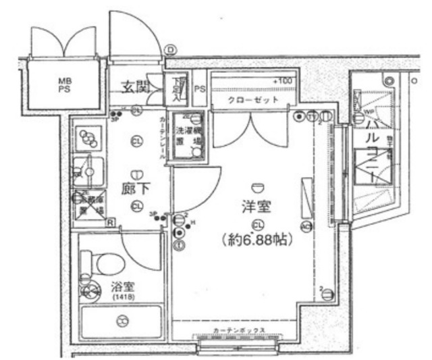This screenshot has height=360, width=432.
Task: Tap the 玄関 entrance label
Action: pyautogui.click(x=134, y=86)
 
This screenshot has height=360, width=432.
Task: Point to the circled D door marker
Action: pyautogui.click(x=170, y=49)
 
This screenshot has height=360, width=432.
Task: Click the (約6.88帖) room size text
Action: pyautogui.click(x=256, y=240)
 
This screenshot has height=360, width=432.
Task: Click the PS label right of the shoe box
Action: pyautogui.click(x=200, y=88)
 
